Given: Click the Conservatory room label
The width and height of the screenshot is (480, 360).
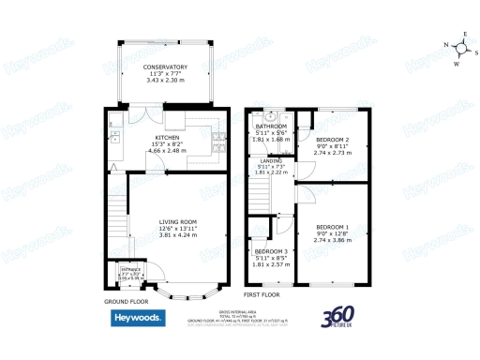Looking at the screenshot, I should coord(165,68).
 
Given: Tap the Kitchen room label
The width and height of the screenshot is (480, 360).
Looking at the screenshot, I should coord(166,137).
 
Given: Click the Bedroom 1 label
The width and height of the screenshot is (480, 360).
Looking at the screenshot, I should coord(332,228).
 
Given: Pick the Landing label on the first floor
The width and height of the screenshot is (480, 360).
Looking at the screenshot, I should coord(270,160).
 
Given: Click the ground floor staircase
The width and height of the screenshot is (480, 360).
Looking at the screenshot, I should coord(115,215).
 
